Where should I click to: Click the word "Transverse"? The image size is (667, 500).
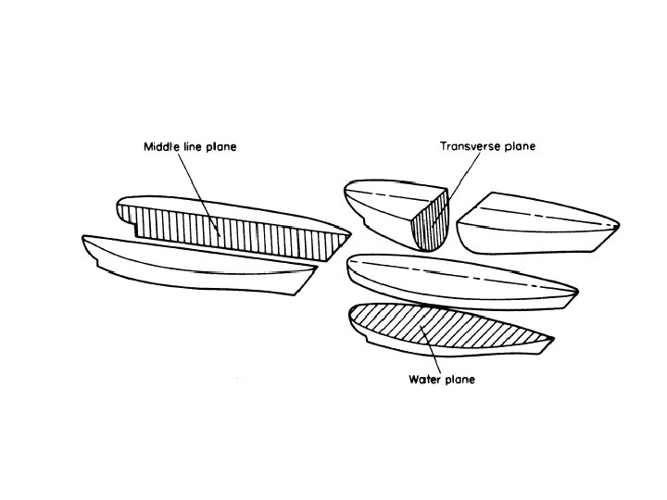[x=469, y=146]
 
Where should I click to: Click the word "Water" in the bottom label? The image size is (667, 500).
[x=422, y=380]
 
